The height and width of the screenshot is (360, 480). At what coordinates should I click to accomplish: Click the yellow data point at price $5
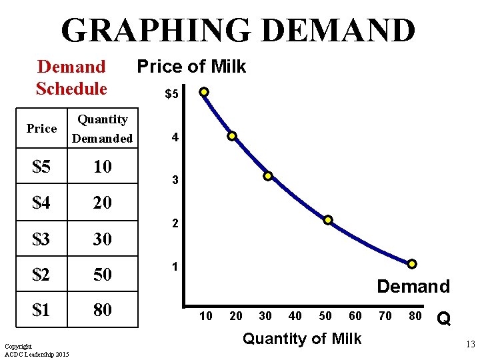(204, 92)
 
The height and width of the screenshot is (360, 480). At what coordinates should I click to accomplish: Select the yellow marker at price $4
(232, 136)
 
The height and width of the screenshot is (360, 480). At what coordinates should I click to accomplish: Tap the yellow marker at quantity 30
(267, 177)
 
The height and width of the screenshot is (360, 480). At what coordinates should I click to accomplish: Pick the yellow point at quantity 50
(328, 220)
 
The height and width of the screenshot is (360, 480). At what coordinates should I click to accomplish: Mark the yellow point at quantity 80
(412, 264)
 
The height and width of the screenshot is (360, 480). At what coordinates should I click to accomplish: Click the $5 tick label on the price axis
(172, 95)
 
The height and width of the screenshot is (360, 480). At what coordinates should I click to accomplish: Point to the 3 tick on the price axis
(175, 181)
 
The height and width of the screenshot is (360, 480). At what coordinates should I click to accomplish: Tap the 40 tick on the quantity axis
(295, 316)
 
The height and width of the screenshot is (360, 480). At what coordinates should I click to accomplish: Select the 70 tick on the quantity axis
(385, 316)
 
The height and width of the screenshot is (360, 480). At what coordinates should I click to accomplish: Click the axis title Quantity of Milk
(302, 339)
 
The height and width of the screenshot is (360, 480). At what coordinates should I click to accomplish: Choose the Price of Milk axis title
(191, 67)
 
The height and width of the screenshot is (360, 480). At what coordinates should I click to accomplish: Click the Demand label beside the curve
(413, 287)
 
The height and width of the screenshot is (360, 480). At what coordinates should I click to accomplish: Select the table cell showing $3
(41, 238)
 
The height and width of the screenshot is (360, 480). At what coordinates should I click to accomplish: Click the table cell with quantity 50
(103, 274)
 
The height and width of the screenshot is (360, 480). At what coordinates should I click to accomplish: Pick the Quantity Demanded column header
(103, 129)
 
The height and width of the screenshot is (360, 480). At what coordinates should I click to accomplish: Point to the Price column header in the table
(41, 129)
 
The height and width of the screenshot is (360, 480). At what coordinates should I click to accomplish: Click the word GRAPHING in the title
(155, 30)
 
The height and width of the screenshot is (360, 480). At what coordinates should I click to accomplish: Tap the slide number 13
(469, 345)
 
